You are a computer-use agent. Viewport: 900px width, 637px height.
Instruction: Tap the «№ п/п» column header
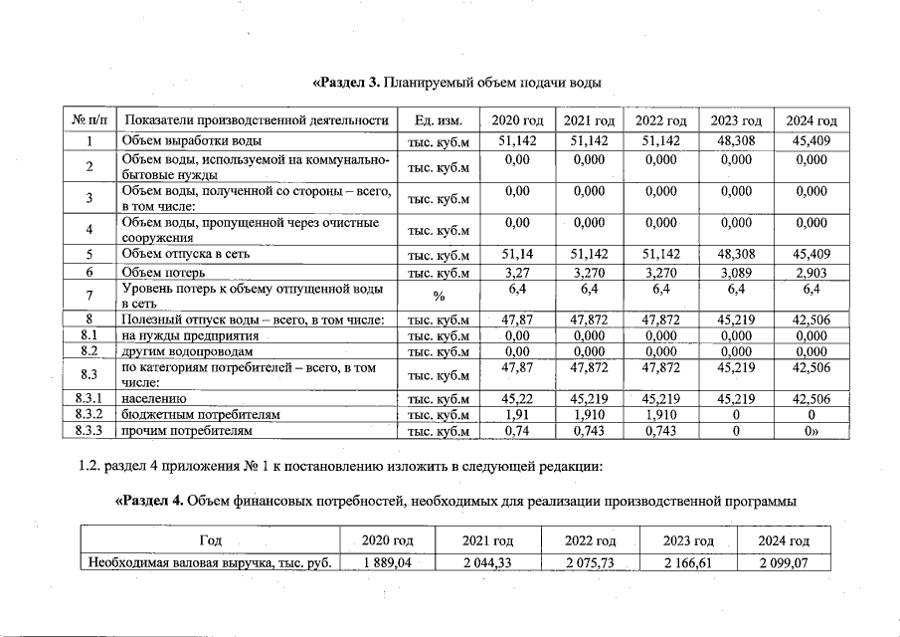pyautogui.click(x=90, y=120)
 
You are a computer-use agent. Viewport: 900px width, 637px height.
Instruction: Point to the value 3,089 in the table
pyautogui.click(x=736, y=272)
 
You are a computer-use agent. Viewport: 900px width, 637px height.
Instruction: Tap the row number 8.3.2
pyautogui.click(x=90, y=414)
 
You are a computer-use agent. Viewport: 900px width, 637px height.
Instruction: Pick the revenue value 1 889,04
pyautogui.click(x=386, y=563)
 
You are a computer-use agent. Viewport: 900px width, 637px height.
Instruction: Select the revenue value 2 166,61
pyautogui.click(x=689, y=563)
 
